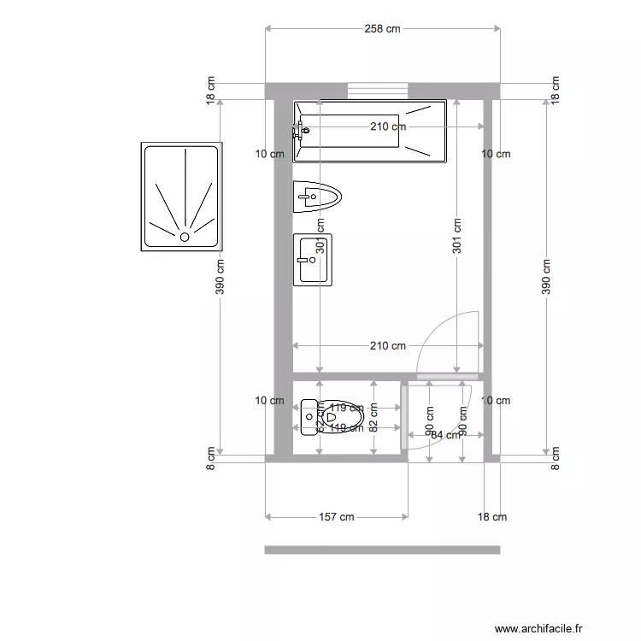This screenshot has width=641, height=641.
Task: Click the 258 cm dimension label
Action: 382,29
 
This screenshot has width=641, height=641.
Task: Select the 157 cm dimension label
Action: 336,517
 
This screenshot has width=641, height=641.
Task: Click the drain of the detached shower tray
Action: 184,237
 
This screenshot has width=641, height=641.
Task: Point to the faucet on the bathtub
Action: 299,131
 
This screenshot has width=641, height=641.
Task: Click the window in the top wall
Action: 377,90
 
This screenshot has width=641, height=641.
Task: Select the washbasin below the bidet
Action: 313,259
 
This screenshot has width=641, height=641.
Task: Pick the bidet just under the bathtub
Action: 317,197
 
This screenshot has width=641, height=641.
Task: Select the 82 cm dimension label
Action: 373,417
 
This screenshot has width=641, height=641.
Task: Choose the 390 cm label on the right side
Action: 546,277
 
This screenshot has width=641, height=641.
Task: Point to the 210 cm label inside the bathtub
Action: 388,127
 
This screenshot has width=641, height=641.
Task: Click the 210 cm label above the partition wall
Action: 388,346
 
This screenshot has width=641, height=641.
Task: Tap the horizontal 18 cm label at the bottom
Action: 491,517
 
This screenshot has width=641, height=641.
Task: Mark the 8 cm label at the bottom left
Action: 211,459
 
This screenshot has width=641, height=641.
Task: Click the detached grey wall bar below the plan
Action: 382,550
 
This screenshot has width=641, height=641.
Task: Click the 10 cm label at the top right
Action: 496,155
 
